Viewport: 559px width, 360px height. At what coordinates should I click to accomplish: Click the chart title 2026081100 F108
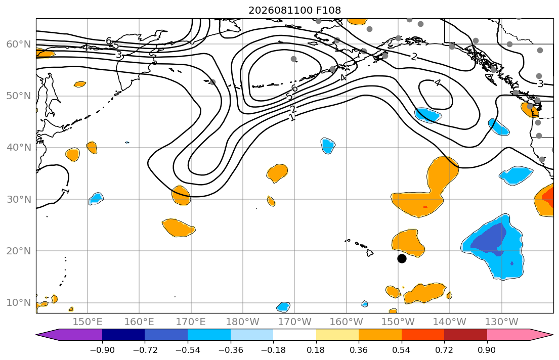tap(294, 10)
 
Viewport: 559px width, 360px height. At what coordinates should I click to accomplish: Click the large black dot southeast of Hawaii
tap(402, 258)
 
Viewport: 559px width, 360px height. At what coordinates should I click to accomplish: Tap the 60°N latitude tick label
tap(19, 44)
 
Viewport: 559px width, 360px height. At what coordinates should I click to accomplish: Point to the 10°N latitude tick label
tap(19, 303)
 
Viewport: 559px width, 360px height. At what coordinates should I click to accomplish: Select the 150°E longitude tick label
tap(88, 322)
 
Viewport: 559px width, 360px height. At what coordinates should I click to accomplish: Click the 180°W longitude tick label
tap(243, 322)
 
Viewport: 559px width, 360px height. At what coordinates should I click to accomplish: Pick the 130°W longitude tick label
tap(502, 322)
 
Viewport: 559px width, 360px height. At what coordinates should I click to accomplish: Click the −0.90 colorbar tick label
tap(102, 350)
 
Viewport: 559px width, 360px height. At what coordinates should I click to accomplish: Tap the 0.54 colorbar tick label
tap(402, 350)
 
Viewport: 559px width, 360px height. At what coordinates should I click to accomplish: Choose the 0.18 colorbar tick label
tap(316, 350)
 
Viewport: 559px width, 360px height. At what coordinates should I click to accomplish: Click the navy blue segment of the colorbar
tap(123, 335)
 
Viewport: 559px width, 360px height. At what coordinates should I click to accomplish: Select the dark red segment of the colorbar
tap(465, 335)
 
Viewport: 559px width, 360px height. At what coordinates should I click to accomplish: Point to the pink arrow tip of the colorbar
tap(552, 335)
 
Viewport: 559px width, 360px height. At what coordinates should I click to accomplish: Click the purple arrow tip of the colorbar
tap(37, 335)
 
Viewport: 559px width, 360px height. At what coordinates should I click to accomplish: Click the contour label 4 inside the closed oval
tap(438, 83)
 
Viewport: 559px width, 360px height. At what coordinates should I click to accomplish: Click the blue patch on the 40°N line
tap(328, 146)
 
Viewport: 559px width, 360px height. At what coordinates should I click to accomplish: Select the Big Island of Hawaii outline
tap(370, 253)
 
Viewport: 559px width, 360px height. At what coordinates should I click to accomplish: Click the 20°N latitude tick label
tap(19, 251)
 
